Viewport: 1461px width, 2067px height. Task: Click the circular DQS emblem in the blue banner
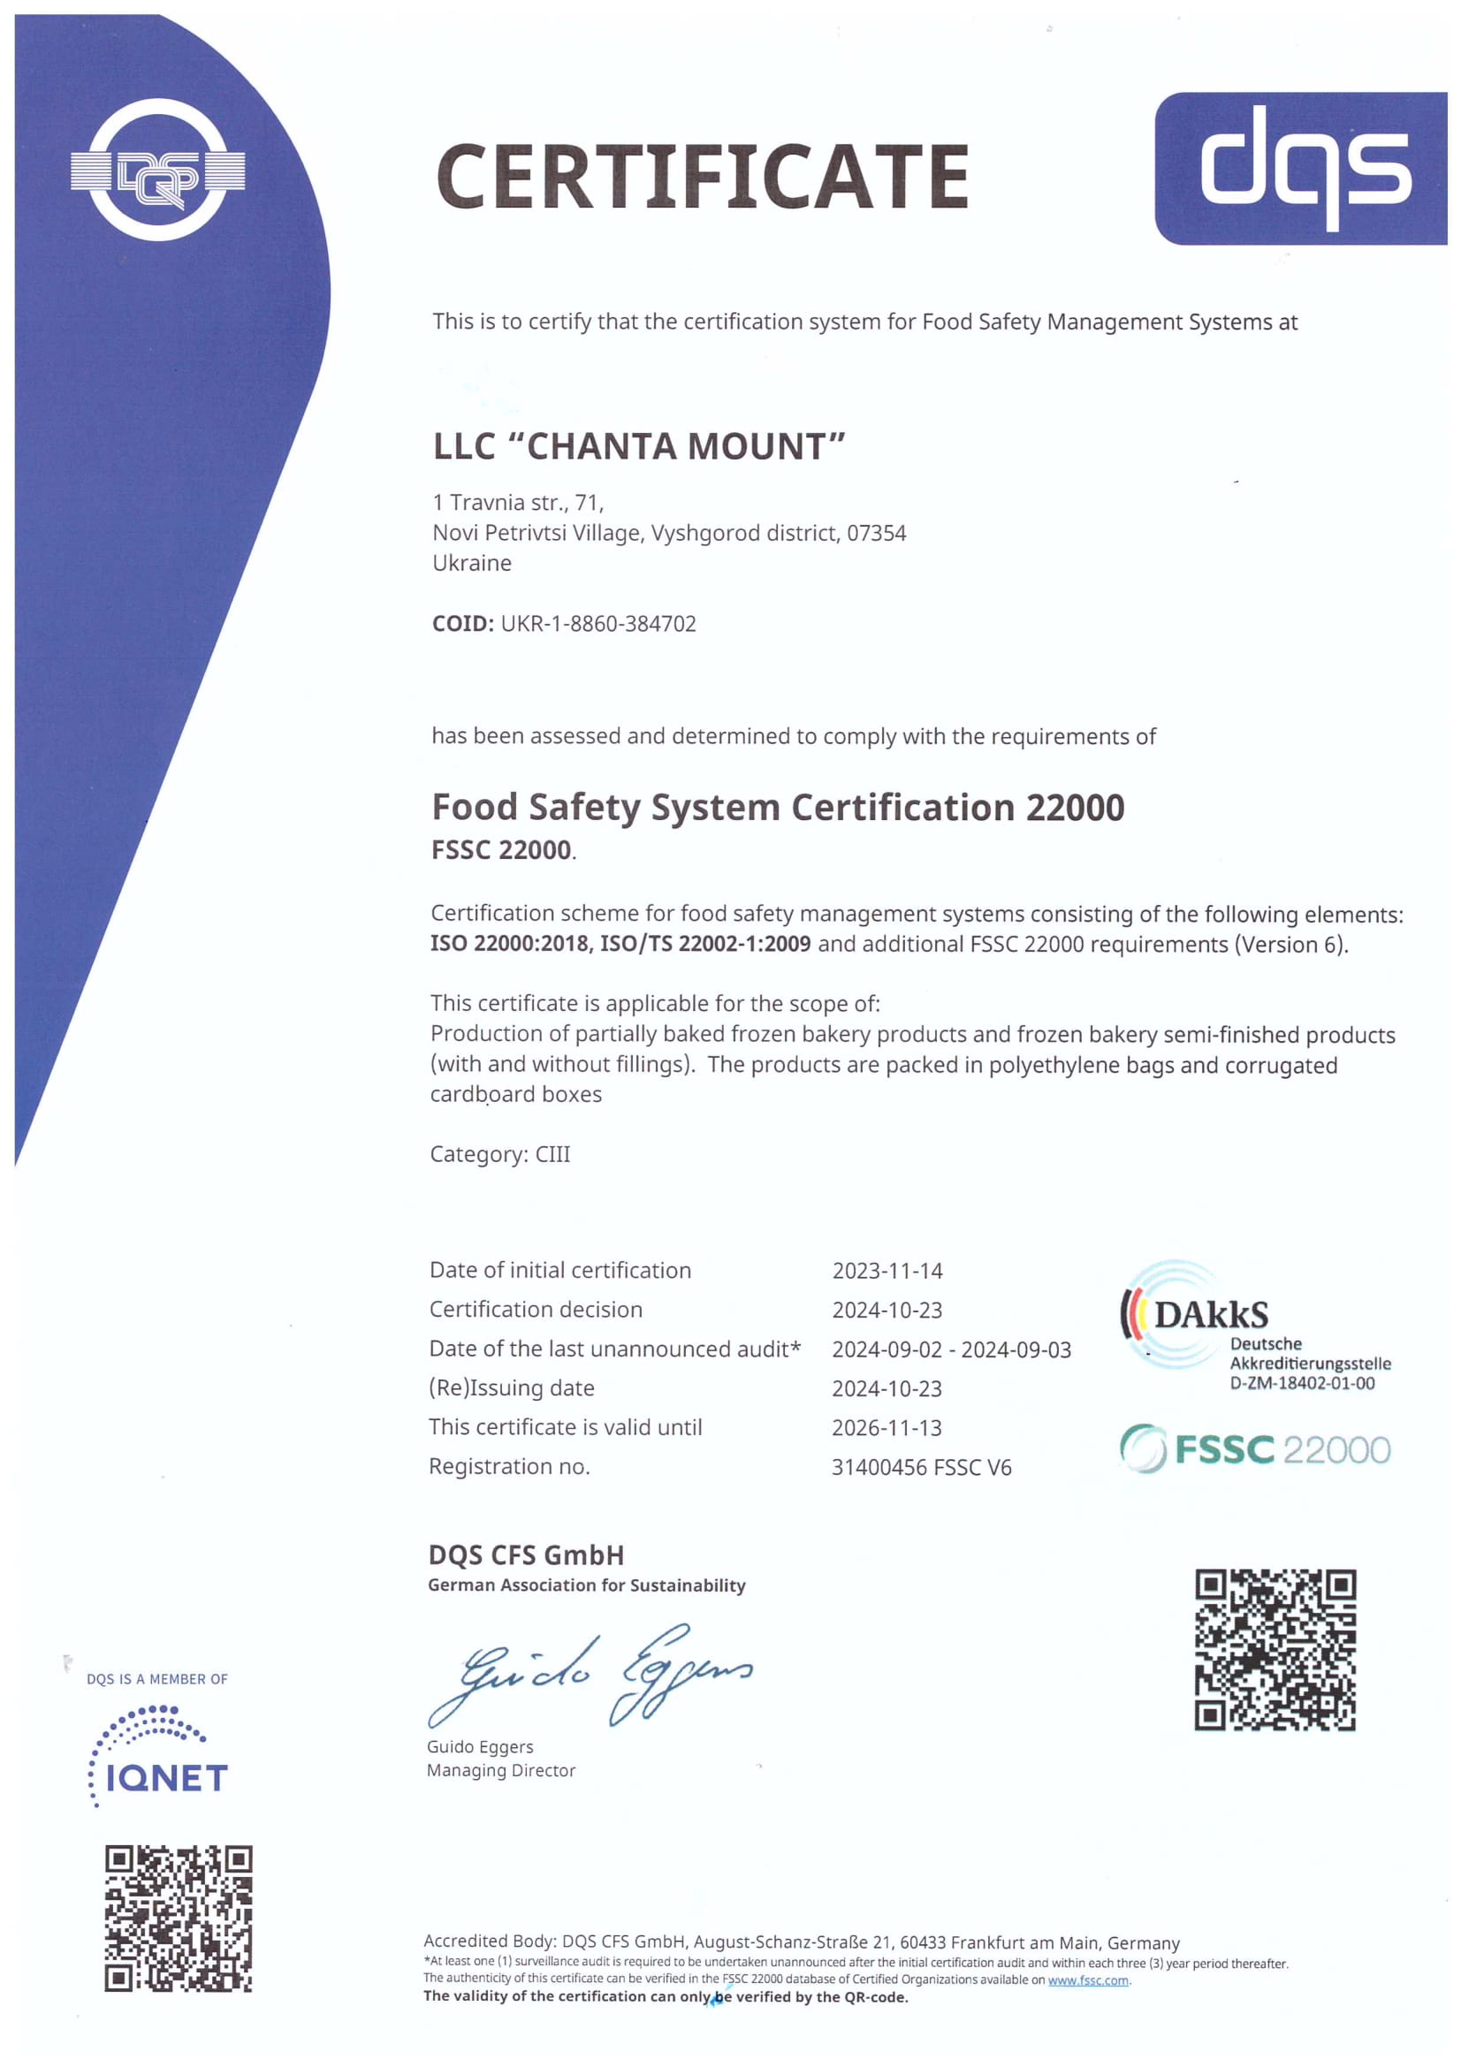(157, 171)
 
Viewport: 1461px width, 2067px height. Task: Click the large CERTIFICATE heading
(702, 177)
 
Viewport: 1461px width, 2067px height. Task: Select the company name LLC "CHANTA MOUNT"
(639, 446)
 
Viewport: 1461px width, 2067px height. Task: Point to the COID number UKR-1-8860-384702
(598, 624)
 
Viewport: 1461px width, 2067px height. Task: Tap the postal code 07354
(876, 533)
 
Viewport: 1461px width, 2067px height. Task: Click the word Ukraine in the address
(472, 563)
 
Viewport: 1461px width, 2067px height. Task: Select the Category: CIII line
(499, 1154)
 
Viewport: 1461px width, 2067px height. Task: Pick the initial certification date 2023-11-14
(886, 1270)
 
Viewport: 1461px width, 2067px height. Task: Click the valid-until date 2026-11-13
(886, 1427)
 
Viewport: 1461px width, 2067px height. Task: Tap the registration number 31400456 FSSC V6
(921, 1468)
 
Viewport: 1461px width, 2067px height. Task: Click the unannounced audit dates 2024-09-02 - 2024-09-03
(952, 1349)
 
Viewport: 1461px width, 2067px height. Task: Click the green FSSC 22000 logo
(1255, 1449)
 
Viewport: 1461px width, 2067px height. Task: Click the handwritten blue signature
(590, 1676)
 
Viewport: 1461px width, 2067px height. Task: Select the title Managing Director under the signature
(500, 1770)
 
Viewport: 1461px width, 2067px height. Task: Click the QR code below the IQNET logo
(179, 1918)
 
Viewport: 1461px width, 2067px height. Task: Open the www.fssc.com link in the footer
(1087, 1980)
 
